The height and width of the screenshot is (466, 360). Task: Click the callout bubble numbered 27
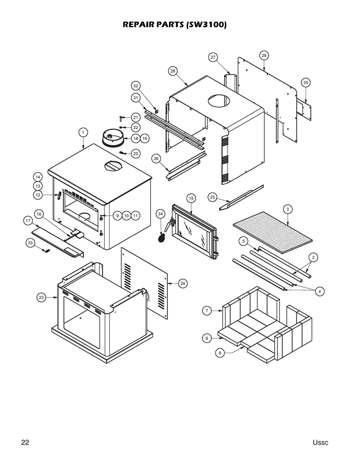(213, 57)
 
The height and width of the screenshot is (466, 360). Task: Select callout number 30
(305, 82)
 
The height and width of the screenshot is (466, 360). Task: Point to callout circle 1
(83, 132)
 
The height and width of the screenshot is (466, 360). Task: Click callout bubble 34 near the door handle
(160, 213)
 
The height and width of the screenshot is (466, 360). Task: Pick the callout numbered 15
(191, 199)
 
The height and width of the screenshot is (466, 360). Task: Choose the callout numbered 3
(288, 209)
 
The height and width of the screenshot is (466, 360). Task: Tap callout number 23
(42, 297)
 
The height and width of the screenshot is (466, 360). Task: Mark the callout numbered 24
(182, 283)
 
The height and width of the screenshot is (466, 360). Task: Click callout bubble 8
(220, 353)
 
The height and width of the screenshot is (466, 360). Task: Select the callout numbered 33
(30, 243)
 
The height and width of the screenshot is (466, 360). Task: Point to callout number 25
(212, 197)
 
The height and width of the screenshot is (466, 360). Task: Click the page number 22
(25, 442)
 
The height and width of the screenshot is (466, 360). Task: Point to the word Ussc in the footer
(320, 442)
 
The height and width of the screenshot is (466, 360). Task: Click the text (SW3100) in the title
(206, 25)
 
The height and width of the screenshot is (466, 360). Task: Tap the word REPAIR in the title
(139, 25)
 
